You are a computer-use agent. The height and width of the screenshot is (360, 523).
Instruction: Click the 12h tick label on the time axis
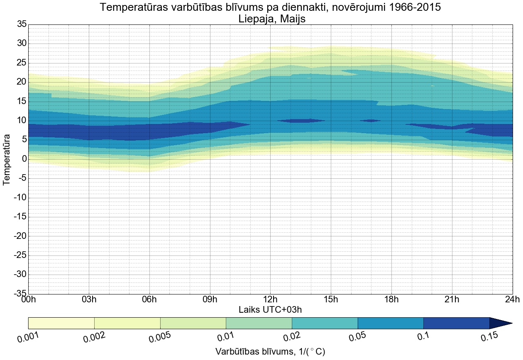[270, 299]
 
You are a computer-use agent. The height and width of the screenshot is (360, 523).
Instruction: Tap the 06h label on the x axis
[149, 299]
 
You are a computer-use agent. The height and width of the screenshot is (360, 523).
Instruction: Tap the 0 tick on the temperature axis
[24, 159]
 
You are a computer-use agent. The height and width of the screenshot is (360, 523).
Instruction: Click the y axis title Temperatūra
[7, 159]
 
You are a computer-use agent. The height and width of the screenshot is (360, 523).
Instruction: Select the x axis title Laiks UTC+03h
[270, 309]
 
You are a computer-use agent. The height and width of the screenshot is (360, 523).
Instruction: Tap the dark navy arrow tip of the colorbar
[501, 323]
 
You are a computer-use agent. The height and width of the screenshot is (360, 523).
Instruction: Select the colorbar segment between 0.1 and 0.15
[456, 323]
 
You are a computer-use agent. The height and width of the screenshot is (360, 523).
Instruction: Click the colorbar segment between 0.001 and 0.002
[61, 323]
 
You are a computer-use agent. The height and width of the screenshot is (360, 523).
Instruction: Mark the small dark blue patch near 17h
[370, 121]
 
